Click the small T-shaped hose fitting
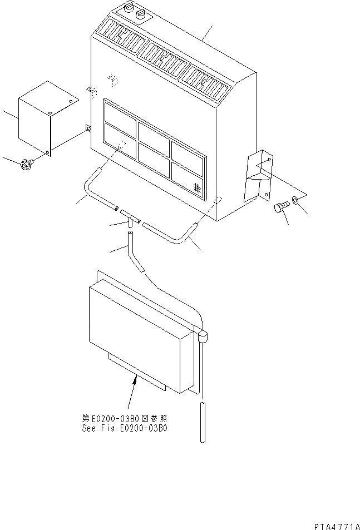(129, 216)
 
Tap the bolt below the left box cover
(26, 164)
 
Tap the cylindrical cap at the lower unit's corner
(202, 335)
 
